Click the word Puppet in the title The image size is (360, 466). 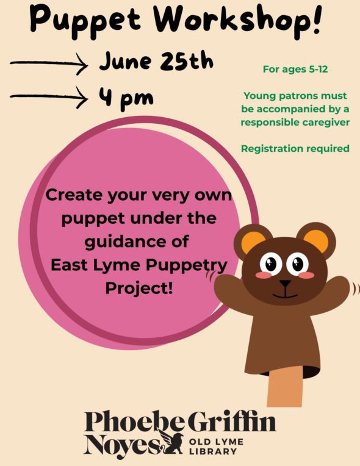tap(85, 20)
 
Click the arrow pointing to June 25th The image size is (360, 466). tap(49, 63)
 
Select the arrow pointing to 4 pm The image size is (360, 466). tap(49, 97)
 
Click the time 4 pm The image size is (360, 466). tap(126, 98)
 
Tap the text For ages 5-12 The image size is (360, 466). tap(295, 70)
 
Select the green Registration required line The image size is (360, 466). tap(295, 148)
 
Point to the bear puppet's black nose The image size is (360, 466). tap(285, 283)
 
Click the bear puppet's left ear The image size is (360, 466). tap(253, 242)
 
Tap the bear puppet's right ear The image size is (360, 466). tap(316, 240)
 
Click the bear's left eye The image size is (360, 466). tap(271, 263)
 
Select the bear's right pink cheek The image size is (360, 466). tap(306, 275)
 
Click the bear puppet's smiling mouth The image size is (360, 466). tap(285, 295)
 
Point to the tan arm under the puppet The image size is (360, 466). tap(285, 386)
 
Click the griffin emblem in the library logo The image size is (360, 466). tap(171, 442)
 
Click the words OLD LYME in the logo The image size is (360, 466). tap(217, 442)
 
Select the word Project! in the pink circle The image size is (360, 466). tap(139, 289)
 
